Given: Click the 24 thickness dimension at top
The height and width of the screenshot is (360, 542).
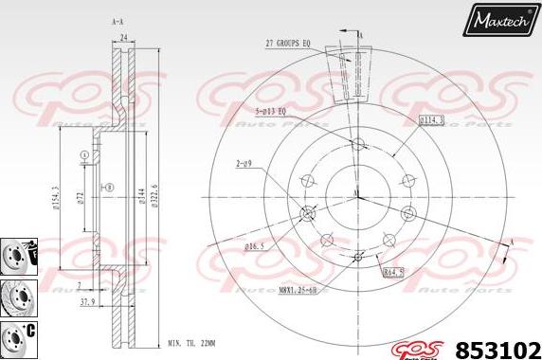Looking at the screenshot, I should (x=123, y=39).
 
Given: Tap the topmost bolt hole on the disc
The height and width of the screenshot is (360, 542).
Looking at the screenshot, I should (x=357, y=144).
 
